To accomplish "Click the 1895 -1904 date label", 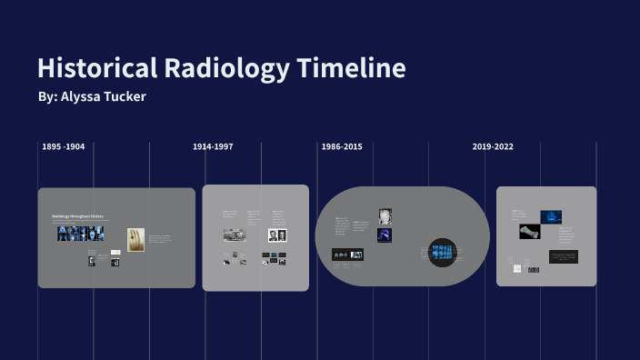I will tap(64, 146).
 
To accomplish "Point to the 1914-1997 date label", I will tap(213, 146).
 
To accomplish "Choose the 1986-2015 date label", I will tap(342, 146).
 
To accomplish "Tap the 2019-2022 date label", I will tap(493, 146).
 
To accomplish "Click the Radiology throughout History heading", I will tap(78, 216).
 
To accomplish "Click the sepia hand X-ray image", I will tap(135, 239).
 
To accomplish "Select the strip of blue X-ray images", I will tap(81, 234).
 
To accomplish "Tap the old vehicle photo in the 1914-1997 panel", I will tap(234, 235).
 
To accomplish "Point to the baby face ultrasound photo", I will tap(385, 216).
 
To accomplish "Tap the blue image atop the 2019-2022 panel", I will tap(551, 216).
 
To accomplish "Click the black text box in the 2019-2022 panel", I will tap(563, 257).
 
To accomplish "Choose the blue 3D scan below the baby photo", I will tap(385, 235).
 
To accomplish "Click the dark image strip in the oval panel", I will tap(347, 255).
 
